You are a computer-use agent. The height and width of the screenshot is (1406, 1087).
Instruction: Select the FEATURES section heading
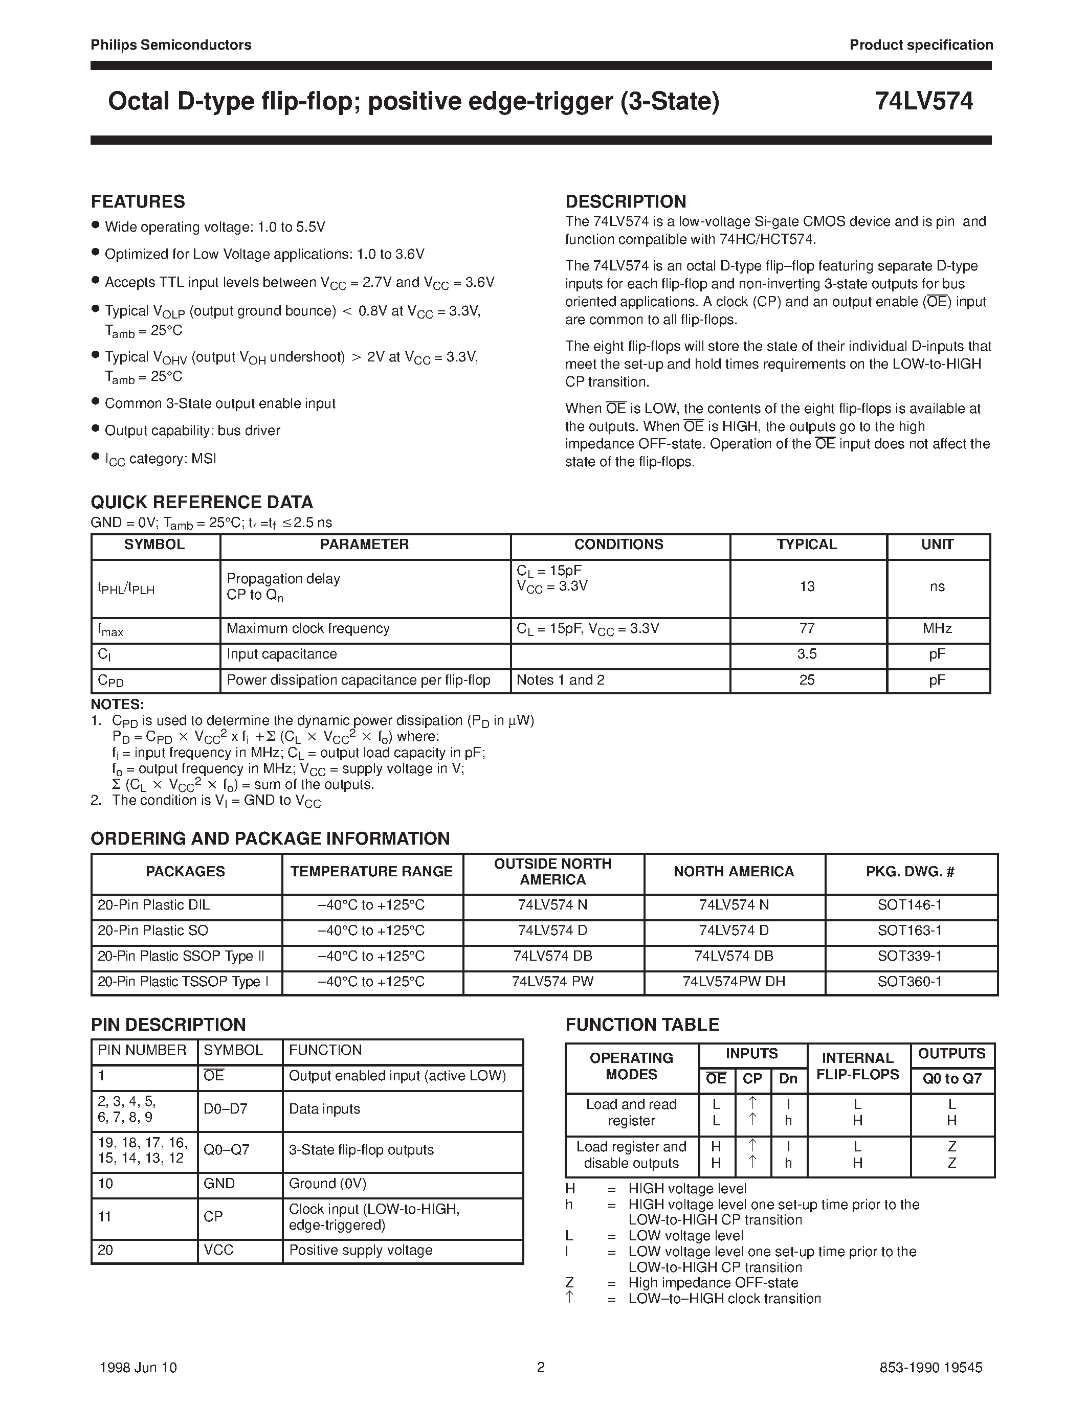138,201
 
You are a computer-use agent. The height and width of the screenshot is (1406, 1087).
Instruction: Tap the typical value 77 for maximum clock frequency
807,628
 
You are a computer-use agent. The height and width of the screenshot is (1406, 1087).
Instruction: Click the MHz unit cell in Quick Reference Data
937,628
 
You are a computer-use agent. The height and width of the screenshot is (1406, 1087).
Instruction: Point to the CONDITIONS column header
618,545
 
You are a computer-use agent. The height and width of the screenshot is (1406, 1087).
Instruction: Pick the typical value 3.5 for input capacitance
807,654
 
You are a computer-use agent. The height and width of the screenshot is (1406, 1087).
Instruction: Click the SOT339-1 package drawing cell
909,956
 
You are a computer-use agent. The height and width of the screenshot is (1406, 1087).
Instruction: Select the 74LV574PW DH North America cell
734,982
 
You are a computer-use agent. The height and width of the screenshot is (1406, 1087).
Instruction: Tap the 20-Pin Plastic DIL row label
154,904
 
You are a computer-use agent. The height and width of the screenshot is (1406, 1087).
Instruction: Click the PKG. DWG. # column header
910,872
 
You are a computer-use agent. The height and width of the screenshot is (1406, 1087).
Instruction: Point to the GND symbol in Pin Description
219,1183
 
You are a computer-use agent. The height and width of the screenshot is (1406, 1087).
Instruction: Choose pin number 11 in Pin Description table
105,1217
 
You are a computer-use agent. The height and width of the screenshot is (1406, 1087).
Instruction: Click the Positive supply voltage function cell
361,1250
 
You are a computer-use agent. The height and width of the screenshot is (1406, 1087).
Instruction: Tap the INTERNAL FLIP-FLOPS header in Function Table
857,1066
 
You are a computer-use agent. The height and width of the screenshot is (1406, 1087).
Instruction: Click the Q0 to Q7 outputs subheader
952,1079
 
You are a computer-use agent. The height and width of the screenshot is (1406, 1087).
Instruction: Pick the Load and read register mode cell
631,1113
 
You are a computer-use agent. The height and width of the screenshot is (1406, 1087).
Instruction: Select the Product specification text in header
921,45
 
